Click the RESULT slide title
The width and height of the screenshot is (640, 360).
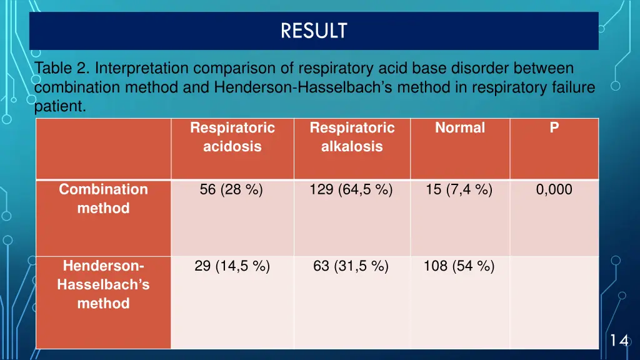(x=314, y=31)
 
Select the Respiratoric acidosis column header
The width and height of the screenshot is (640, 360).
(x=232, y=137)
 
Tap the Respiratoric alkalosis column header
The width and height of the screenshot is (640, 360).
(x=352, y=137)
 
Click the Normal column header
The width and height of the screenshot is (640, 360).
(x=460, y=128)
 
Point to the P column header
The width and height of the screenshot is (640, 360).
(x=554, y=128)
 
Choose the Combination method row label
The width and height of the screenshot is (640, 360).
(x=103, y=199)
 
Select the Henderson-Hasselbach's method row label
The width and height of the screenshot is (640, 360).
(x=103, y=285)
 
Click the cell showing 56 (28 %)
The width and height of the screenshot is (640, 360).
(x=231, y=190)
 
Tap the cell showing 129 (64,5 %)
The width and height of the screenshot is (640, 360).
(x=351, y=190)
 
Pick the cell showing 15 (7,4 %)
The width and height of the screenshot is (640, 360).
(x=459, y=190)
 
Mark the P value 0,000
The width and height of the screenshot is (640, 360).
(x=554, y=190)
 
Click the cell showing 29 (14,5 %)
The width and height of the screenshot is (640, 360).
(x=232, y=267)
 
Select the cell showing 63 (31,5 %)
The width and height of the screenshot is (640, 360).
(x=351, y=267)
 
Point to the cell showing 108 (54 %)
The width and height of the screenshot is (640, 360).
(x=459, y=267)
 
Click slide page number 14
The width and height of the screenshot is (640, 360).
(x=619, y=341)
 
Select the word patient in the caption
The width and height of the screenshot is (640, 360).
(x=59, y=107)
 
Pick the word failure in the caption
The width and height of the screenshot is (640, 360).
(x=571, y=87)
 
